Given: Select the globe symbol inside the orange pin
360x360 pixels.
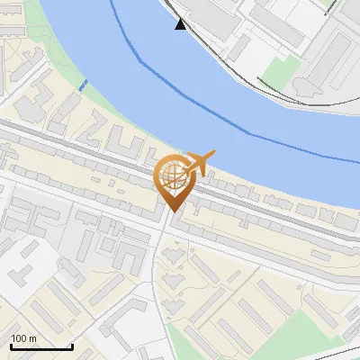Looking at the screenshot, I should [172, 175].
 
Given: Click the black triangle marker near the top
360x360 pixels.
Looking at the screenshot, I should [181, 24].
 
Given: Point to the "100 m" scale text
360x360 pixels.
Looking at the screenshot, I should [23, 338].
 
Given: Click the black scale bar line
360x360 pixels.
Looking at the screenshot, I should [41, 346].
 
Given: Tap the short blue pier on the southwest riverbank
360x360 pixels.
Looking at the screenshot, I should [83, 85].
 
